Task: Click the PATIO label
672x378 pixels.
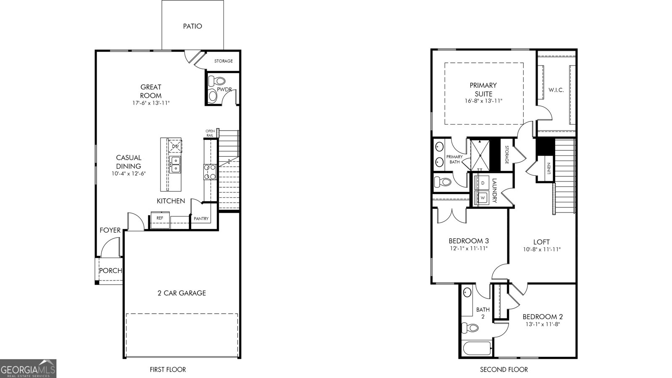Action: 193,26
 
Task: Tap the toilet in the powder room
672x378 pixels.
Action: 217,81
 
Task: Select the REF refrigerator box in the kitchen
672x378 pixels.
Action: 160,220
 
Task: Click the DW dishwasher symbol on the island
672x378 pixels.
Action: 175,146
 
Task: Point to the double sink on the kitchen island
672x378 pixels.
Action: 175,165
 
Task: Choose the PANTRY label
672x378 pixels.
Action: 201,219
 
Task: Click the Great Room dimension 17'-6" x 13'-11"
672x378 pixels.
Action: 151,103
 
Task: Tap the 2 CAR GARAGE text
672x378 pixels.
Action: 182,293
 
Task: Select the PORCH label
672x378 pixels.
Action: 111,270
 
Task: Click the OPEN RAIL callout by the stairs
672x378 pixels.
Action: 210,133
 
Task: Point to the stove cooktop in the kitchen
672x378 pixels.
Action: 210,172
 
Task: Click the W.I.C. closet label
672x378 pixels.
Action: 556,90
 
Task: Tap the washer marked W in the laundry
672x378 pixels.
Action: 483,198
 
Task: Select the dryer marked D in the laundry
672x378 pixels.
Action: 482,183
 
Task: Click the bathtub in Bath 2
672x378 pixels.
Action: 477,349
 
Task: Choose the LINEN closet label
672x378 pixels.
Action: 549,168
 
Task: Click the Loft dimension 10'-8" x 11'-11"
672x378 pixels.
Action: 542,249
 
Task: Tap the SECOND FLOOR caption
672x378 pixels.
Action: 504,370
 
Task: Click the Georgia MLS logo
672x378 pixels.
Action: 28,369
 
